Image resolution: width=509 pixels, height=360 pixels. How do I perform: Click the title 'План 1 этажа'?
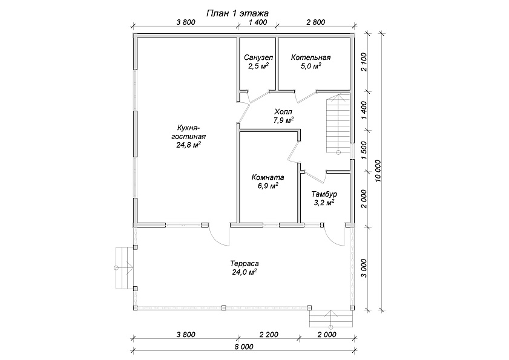238,13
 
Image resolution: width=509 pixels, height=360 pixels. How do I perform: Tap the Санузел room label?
258,58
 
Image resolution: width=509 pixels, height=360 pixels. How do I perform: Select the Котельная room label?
310,58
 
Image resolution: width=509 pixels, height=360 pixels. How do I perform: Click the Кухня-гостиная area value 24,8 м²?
188,145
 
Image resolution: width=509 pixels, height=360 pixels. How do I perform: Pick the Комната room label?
268,177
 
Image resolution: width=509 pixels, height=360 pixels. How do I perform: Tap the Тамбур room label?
324,194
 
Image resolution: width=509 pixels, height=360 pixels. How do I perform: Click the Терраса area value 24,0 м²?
245,272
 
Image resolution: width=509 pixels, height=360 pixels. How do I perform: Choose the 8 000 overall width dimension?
243,347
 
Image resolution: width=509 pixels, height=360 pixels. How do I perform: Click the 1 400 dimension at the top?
258,22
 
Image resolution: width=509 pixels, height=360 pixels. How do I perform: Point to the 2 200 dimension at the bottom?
269,335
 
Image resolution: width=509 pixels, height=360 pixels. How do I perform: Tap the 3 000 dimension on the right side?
364,268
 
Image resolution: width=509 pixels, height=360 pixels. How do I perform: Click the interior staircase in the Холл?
338,123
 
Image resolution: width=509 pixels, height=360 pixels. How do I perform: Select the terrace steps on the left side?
125,268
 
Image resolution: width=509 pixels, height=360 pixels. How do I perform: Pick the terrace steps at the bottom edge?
331,319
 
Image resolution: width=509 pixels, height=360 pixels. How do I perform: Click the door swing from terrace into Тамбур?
334,237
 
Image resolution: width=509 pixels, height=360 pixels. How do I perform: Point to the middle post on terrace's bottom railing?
223,307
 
